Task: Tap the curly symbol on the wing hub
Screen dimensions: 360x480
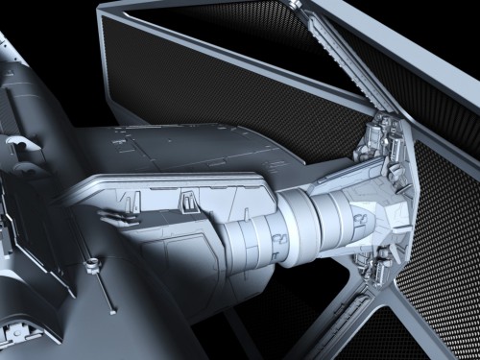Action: (359, 218)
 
